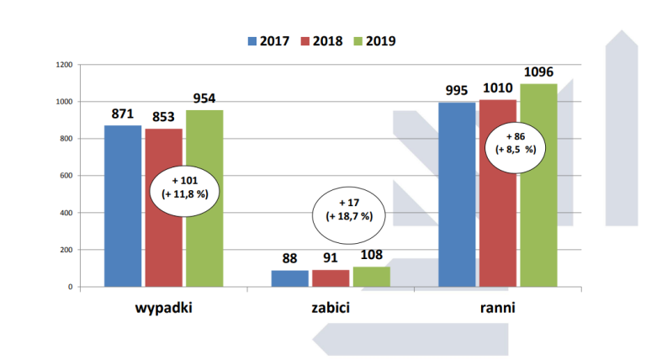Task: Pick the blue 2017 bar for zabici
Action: coord(290,278)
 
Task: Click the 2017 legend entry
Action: coord(270,40)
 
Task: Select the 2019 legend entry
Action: coord(374,40)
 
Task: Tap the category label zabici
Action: coord(330,308)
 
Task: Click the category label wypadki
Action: coord(164,308)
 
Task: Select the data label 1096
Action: coord(538,71)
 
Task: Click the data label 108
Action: coord(372,255)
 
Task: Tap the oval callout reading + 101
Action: coord(190,187)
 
